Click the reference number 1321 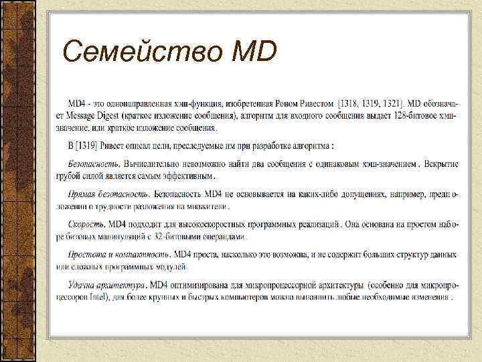pyautogui.click(x=392, y=104)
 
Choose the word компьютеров pyautogui.click(x=254, y=296)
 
